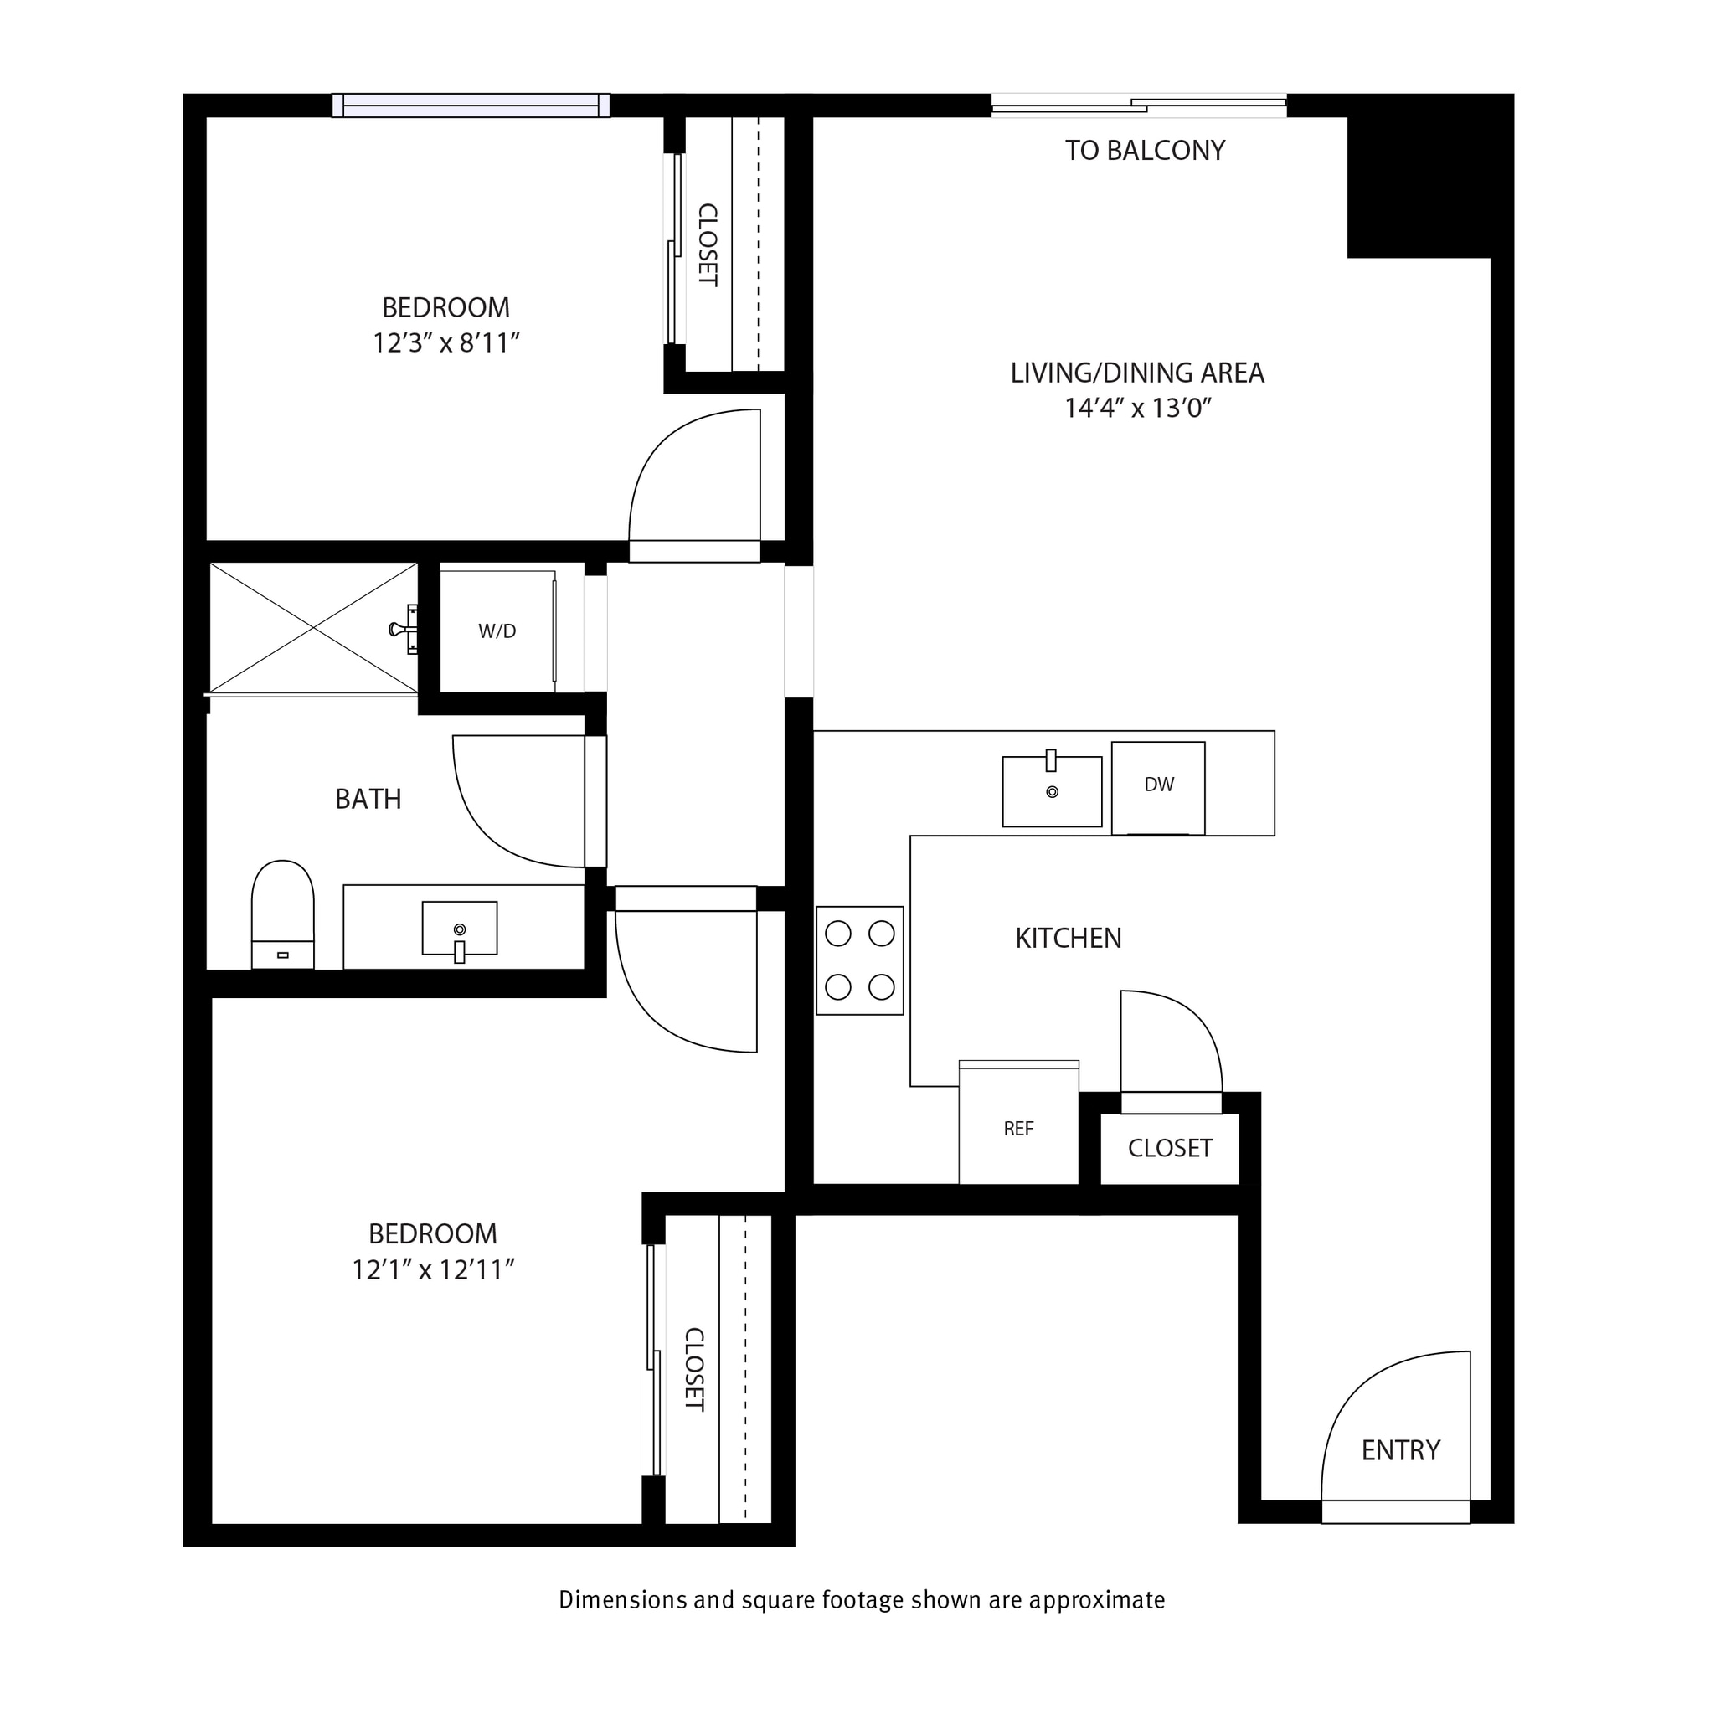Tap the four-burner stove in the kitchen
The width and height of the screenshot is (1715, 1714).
859,960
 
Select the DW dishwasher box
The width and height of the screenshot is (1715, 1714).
1158,786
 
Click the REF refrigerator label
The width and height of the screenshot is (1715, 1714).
1018,1129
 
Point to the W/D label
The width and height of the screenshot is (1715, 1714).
497,631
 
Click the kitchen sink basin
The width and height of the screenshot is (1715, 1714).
1052,792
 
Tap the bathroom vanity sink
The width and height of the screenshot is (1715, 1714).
459,929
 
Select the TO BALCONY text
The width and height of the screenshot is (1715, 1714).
1145,151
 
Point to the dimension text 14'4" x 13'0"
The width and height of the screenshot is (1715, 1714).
1138,409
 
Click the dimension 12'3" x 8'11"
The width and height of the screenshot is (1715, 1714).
445,343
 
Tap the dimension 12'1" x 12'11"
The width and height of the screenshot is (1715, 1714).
433,1270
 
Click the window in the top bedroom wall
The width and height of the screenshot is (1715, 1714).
471,106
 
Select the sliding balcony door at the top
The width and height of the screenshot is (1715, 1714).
1138,106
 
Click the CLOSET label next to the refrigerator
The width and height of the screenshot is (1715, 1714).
1170,1149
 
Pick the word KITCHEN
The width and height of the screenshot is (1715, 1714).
1068,938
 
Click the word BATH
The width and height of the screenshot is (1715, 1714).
368,800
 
